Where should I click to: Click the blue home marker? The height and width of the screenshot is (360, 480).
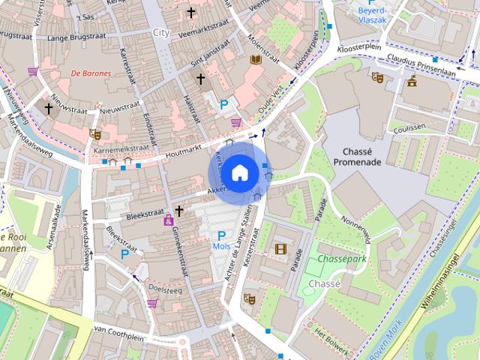pos(239,172)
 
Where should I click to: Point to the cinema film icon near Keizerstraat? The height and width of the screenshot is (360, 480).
pos(280,249)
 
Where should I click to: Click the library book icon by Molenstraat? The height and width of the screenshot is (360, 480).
pos(256,59)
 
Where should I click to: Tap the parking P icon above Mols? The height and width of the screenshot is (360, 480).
pos(221,235)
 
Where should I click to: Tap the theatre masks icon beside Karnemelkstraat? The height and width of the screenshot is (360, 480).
pos(94,134)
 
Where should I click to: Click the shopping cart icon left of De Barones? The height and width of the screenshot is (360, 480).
pos(33,72)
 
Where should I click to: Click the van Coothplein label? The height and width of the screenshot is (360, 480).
pos(119,330)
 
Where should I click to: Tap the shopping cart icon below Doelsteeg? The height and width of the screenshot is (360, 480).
pos(152,303)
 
